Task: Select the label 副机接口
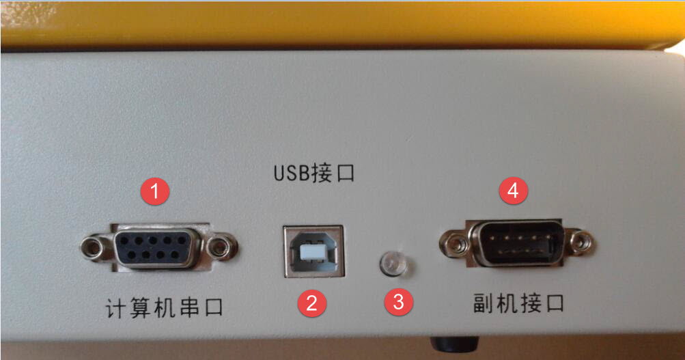519,303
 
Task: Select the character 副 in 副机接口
484,303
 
